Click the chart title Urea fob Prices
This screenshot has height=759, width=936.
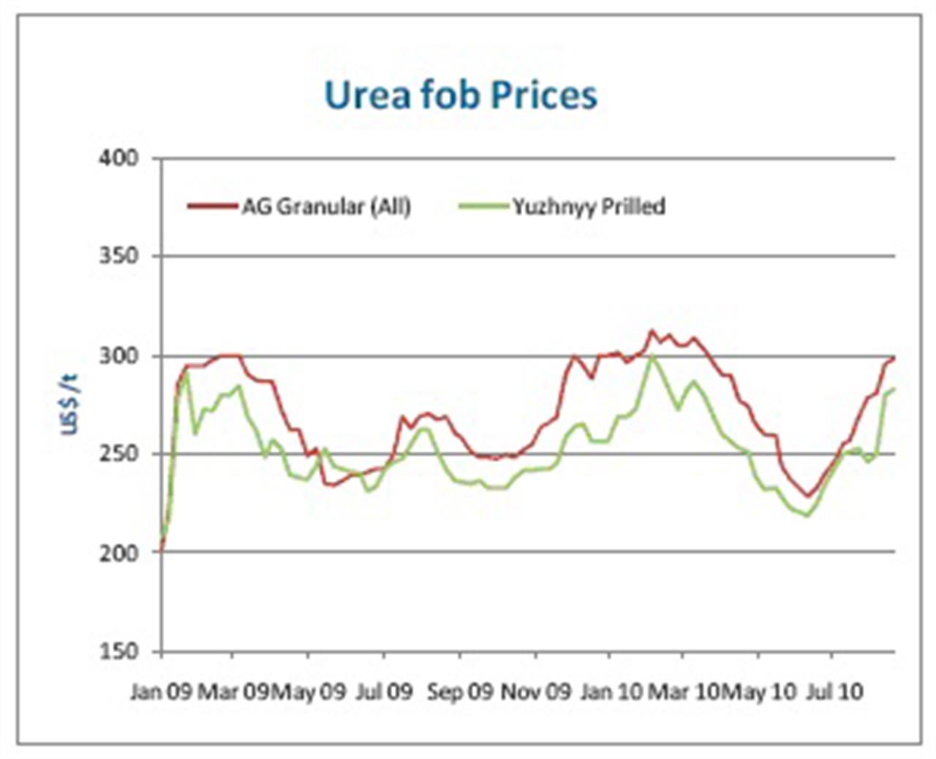point(461,96)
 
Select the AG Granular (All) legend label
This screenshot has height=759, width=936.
point(326,207)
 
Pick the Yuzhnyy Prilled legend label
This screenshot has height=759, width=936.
point(589,207)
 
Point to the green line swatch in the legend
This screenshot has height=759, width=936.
point(483,207)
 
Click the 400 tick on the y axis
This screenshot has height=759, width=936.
point(119,159)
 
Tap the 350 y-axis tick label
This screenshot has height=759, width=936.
point(119,257)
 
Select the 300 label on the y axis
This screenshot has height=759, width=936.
point(119,356)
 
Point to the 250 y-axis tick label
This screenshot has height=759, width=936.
point(119,454)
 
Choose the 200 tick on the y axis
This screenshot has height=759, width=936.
point(119,553)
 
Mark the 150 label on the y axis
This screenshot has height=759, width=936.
point(119,652)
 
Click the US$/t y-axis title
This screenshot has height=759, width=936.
point(69,404)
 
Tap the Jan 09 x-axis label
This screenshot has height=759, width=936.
point(161,692)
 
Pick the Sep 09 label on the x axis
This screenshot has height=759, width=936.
point(460,692)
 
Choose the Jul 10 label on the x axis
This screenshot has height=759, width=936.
point(834,692)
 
